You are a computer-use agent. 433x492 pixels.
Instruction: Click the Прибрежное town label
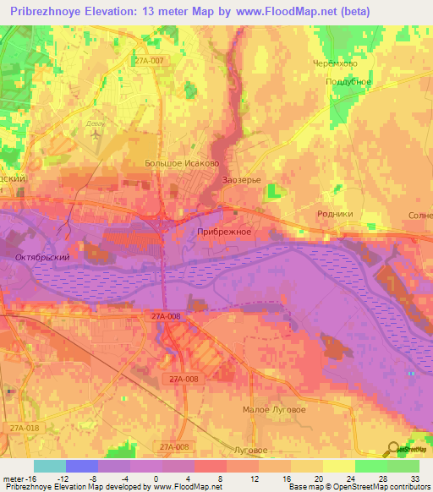pyautogui.click(x=224, y=231)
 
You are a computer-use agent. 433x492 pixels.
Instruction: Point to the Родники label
pyautogui.click(x=334, y=215)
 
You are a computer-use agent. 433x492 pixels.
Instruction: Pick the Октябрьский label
pyautogui.click(x=41, y=255)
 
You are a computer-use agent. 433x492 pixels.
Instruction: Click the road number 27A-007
pyautogui.click(x=147, y=60)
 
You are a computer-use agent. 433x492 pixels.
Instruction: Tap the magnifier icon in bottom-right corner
pyautogui.click(x=394, y=449)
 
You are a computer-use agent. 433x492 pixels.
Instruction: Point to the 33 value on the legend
pyautogui.click(x=414, y=478)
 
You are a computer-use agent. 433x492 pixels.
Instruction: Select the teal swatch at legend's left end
pyautogui.click(x=49, y=466)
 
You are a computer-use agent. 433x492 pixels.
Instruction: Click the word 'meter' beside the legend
pyautogui.click(x=12, y=478)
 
